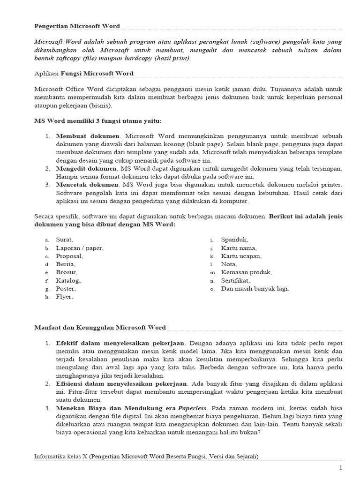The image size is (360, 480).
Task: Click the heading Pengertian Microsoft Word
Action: [77, 26]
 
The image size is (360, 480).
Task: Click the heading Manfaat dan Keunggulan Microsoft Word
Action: [100, 327]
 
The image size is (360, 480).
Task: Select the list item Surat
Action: [65, 240]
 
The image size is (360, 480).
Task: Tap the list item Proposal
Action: [69, 256]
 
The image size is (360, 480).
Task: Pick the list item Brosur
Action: [67, 272]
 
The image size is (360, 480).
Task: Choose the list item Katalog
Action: [68, 280]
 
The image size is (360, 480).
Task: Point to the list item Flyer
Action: [65, 297]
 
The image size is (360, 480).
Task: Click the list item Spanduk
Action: [235, 240]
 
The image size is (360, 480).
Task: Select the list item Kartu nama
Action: [239, 248]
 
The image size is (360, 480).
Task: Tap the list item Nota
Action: [229, 264]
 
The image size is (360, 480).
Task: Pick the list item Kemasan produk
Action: [247, 272]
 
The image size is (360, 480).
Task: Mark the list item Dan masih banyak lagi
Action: [255, 288]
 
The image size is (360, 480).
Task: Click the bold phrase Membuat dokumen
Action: [87, 136]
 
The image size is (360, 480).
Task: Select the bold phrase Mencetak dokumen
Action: [88, 185]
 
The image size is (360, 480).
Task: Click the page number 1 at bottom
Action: [341, 467]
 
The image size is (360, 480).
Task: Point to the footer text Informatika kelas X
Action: [60, 456]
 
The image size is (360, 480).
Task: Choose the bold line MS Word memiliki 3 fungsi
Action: [98, 121]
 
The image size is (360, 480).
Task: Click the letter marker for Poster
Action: [47, 289]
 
